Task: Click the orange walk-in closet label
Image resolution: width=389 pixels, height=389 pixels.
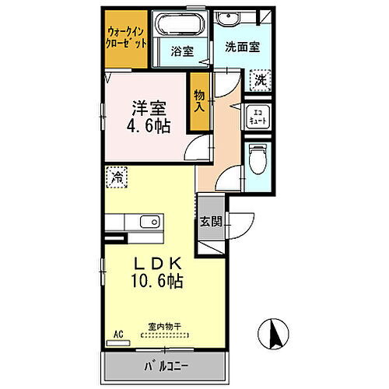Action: (127, 37)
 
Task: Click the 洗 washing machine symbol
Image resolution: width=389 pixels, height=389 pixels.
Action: (260, 79)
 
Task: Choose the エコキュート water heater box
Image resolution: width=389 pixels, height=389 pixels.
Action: (256, 118)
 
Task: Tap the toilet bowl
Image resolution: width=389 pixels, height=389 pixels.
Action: (258, 162)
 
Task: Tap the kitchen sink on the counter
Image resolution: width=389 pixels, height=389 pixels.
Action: (154, 222)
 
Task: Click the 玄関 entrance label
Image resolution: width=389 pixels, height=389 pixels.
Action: (210, 221)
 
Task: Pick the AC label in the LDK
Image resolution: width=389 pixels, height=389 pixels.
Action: (119, 335)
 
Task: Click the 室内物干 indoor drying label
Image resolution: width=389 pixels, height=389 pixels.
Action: (163, 327)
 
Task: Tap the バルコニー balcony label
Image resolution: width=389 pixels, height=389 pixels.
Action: (165, 366)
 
